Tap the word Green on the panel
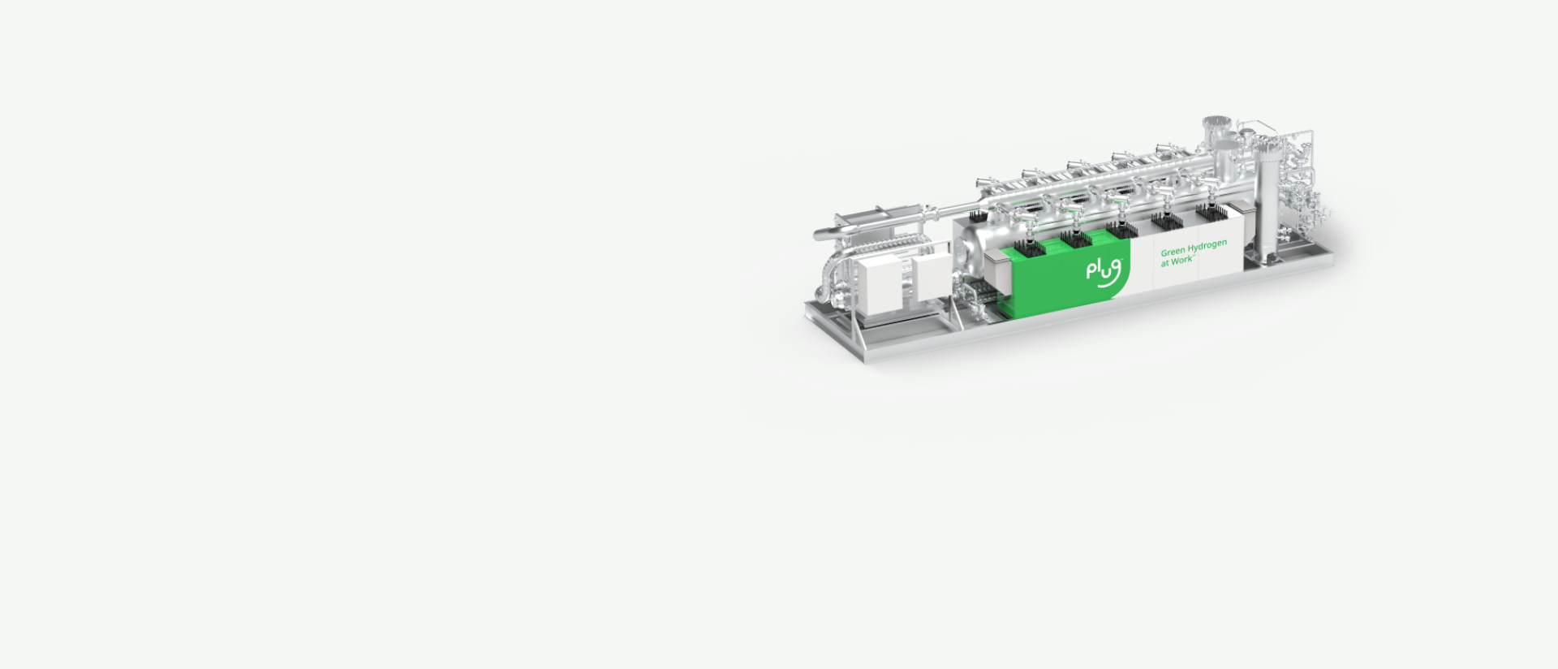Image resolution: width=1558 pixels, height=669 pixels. [x=1173, y=252]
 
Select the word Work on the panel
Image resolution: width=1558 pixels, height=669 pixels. [x=1182, y=261]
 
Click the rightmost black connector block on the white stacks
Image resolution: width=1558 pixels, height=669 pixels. [x=1211, y=213]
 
